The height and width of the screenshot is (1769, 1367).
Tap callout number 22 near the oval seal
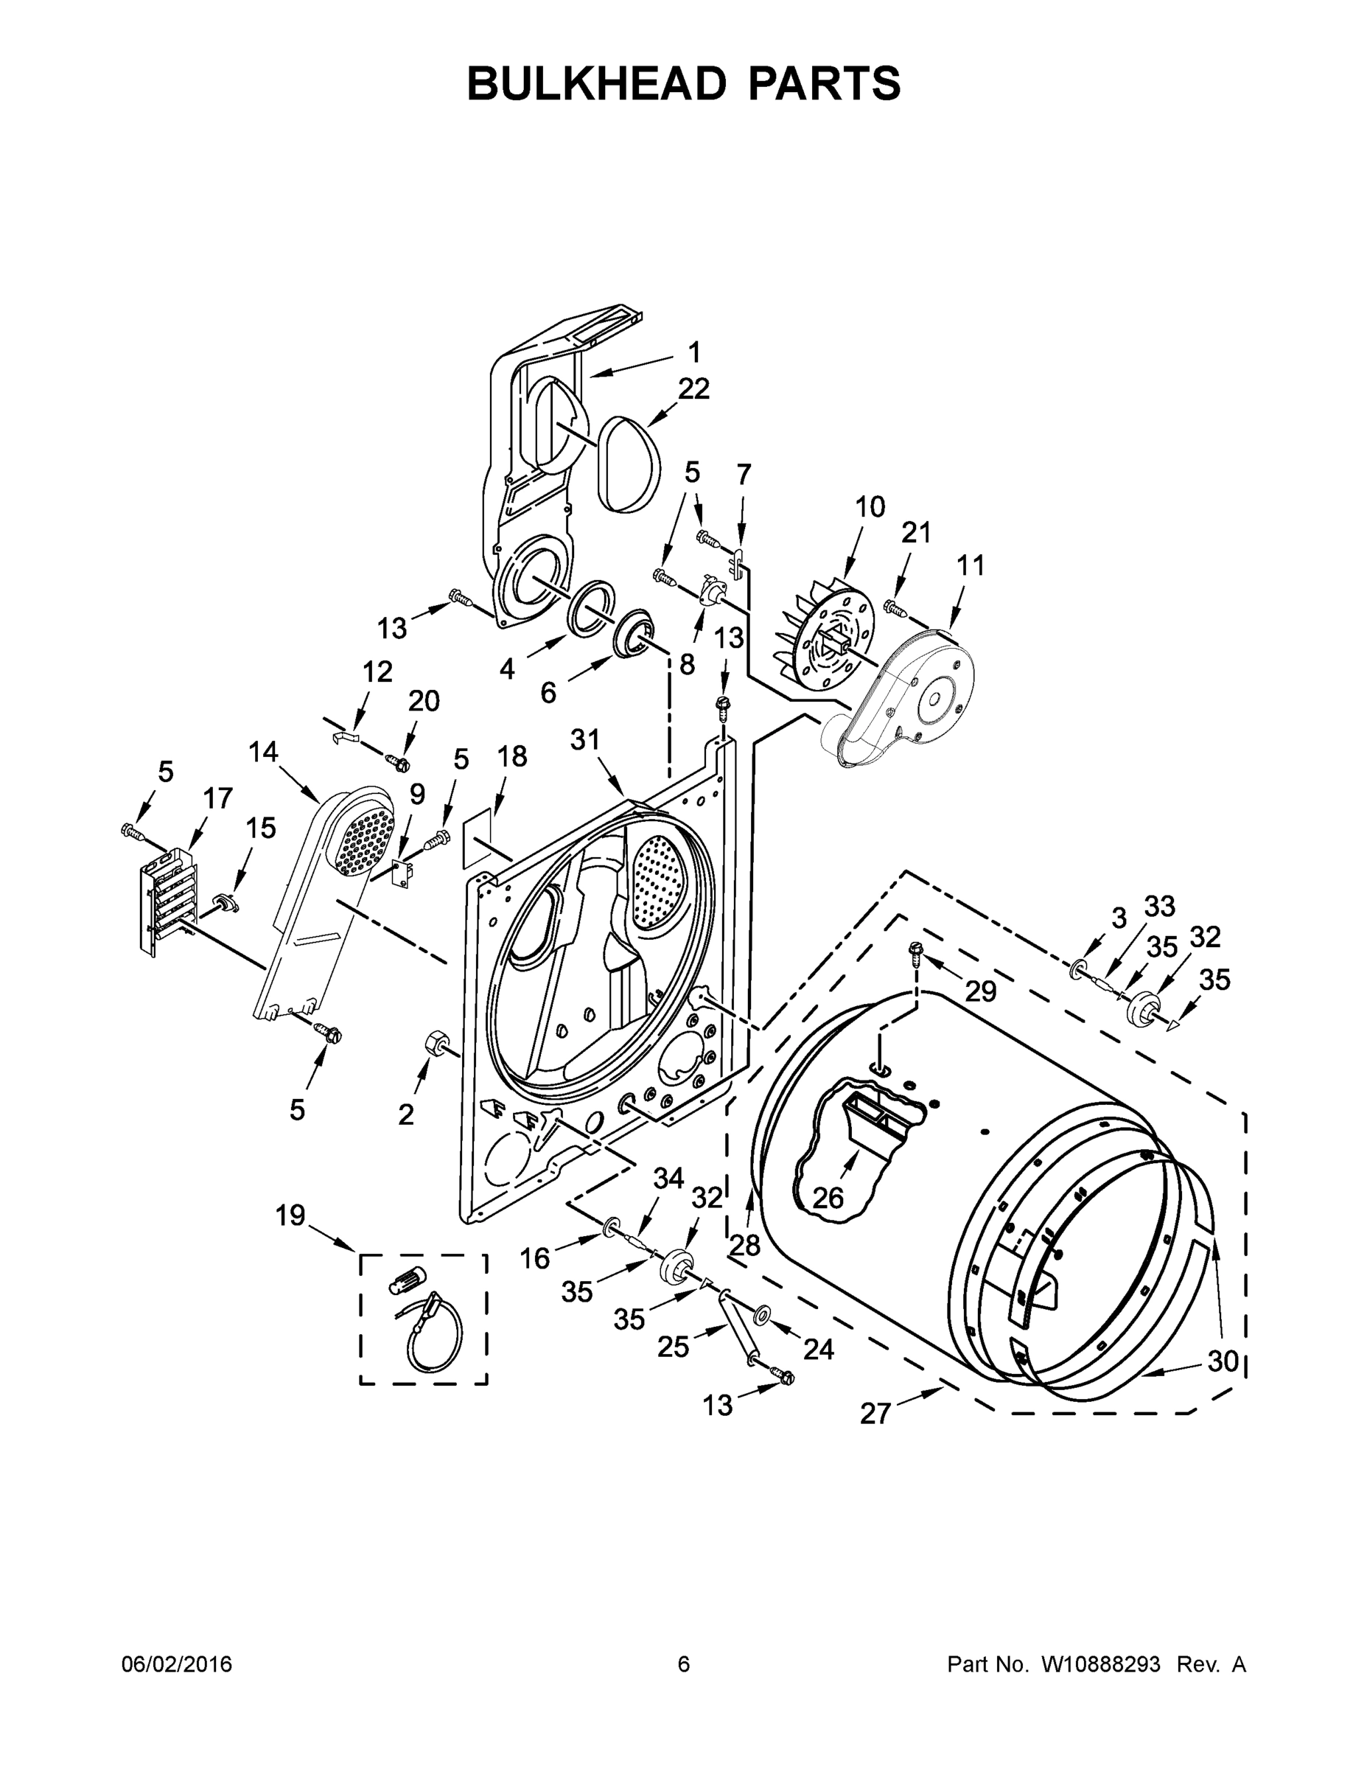click(693, 388)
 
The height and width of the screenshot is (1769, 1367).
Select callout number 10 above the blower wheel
click(870, 507)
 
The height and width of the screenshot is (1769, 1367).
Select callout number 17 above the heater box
click(218, 798)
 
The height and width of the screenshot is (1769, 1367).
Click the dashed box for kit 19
click(424, 1319)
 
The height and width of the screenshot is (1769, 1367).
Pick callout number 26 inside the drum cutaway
click(828, 1197)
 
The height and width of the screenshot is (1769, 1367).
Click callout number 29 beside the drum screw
click(980, 991)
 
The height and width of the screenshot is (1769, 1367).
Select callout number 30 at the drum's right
click(1223, 1361)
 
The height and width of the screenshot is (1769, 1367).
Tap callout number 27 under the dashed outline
click(875, 1414)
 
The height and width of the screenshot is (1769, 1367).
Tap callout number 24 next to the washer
click(818, 1349)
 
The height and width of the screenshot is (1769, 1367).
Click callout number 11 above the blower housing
click(971, 565)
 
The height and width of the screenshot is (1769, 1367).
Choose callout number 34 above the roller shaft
click(669, 1179)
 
